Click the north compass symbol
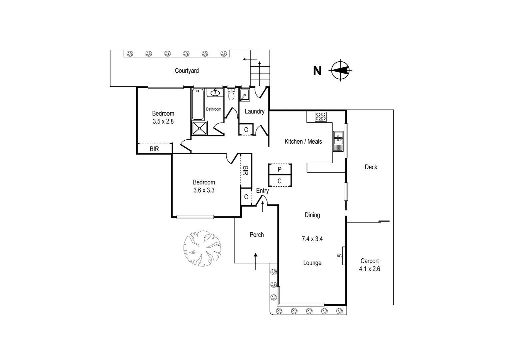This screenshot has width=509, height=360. pyautogui.click(x=340, y=70)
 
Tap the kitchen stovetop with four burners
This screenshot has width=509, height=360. pyautogui.click(x=321, y=117)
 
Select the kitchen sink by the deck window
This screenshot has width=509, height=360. pyautogui.click(x=338, y=137)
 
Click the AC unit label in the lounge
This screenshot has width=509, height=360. pyautogui.click(x=339, y=256)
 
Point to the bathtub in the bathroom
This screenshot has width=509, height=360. pyautogui.click(x=198, y=104)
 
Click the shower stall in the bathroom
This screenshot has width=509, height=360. pyautogui.click(x=200, y=128)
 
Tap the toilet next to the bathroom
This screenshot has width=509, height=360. pyautogui.click(x=231, y=95)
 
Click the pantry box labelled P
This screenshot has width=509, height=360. pyautogui.click(x=279, y=169)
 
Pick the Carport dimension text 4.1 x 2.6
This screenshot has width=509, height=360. pyautogui.click(x=369, y=269)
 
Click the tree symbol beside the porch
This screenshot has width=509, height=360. pyautogui.click(x=202, y=248)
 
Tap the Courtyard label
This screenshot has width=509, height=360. pyautogui.click(x=187, y=71)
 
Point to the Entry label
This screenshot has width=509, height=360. pyautogui.click(x=262, y=191)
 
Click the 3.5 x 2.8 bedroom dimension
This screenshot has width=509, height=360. pyautogui.click(x=163, y=122)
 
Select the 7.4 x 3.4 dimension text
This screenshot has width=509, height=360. pyautogui.click(x=312, y=239)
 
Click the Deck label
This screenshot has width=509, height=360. pyautogui.click(x=371, y=167)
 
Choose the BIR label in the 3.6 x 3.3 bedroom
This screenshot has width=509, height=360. pyautogui.click(x=246, y=171)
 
